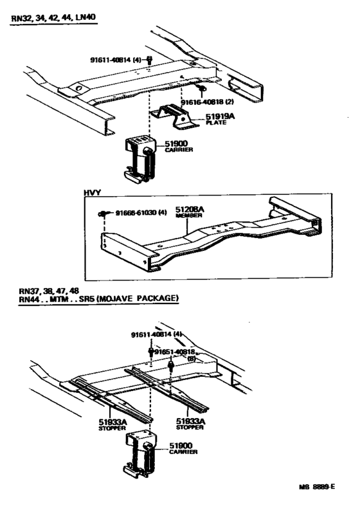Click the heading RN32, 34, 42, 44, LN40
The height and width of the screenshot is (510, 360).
pyautogui.click(x=53, y=19)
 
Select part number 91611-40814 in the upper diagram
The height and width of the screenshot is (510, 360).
pyautogui.click(x=114, y=60)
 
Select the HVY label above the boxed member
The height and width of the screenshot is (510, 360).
pyautogui.click(x=91, y=192)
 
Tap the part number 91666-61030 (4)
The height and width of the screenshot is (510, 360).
pyautogui.click(x=141, y=213)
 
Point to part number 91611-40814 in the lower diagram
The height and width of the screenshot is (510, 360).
pyautogui.click(x=154, y=335)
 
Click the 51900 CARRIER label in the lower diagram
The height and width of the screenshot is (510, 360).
pyautogui.click(x=184, y=448)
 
